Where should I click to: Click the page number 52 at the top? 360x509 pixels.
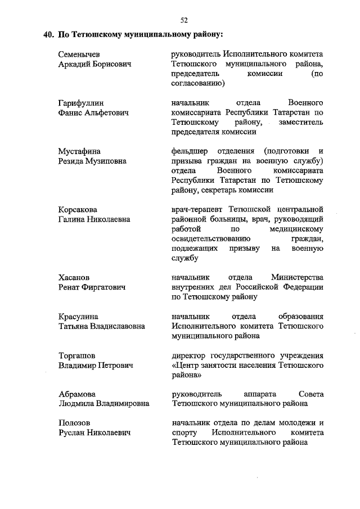point(183,20)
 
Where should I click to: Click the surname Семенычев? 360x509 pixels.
point(79,55)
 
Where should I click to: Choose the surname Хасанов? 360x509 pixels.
point(74,277)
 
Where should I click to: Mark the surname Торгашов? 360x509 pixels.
point(77,355)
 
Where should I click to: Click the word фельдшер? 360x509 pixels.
point(190,151)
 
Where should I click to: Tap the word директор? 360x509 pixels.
point(190,355)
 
